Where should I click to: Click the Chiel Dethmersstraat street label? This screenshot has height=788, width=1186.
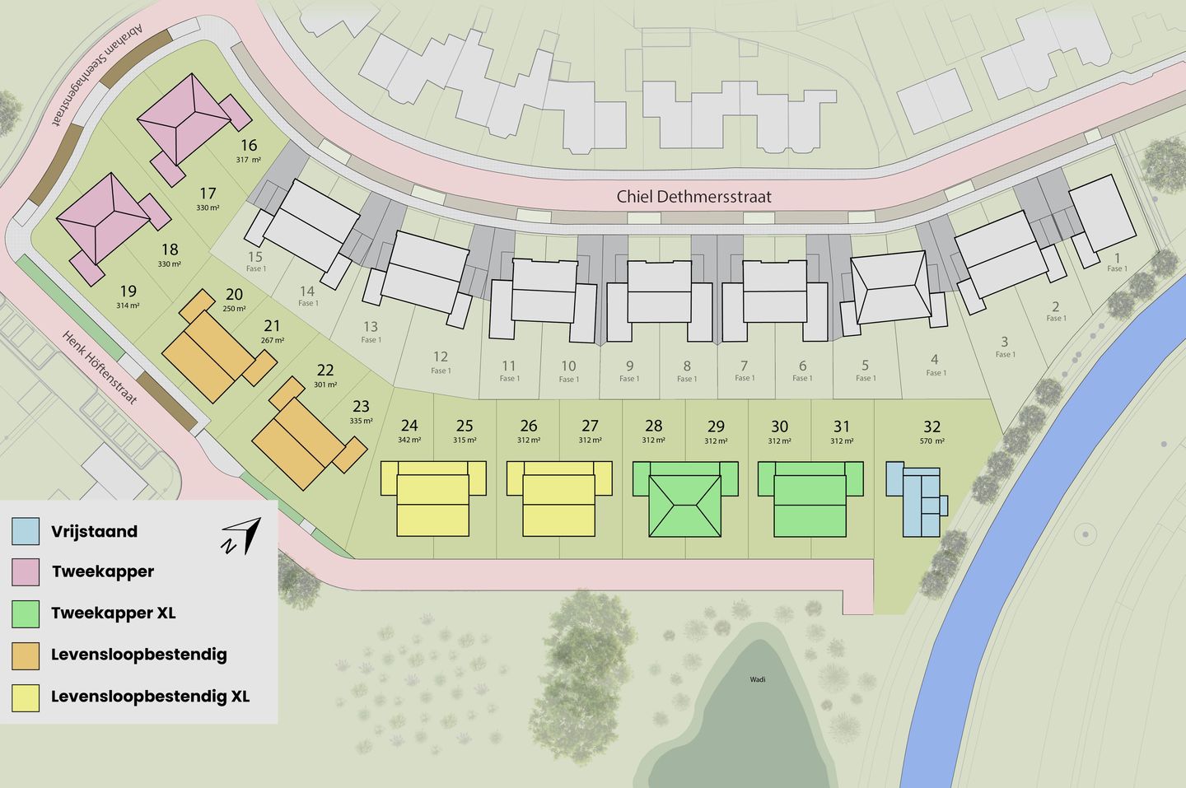pos(693,197)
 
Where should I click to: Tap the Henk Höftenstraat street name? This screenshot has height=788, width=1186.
pos(100,367)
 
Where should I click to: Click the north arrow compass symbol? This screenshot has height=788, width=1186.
pos(241,535)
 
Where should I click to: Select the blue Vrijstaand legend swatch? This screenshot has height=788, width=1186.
pos(26,531)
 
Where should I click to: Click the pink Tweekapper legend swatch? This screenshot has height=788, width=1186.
pos(26,571)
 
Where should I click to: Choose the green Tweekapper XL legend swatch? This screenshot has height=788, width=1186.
pos(26,613)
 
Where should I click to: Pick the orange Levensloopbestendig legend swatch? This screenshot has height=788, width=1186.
pos(26,655)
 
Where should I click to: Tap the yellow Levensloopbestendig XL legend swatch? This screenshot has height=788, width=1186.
pos(26,697)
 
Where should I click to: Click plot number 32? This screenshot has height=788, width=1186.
pos(932,427)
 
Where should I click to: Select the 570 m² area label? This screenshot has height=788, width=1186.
pos(932,441)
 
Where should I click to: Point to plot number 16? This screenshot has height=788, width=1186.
pos(249,145)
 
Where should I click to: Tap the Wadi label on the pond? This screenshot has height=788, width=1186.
pos(758,679)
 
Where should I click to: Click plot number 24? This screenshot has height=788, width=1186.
pos(409,426)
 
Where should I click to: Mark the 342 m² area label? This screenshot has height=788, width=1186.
pos(409,441)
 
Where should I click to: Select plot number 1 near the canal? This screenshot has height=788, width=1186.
pos(1117,258)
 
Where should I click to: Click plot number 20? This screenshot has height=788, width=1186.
pos(234,294)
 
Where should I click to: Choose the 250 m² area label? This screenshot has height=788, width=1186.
pos(234,309)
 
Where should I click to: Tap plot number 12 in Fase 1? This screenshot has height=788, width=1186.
pos(441,357)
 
